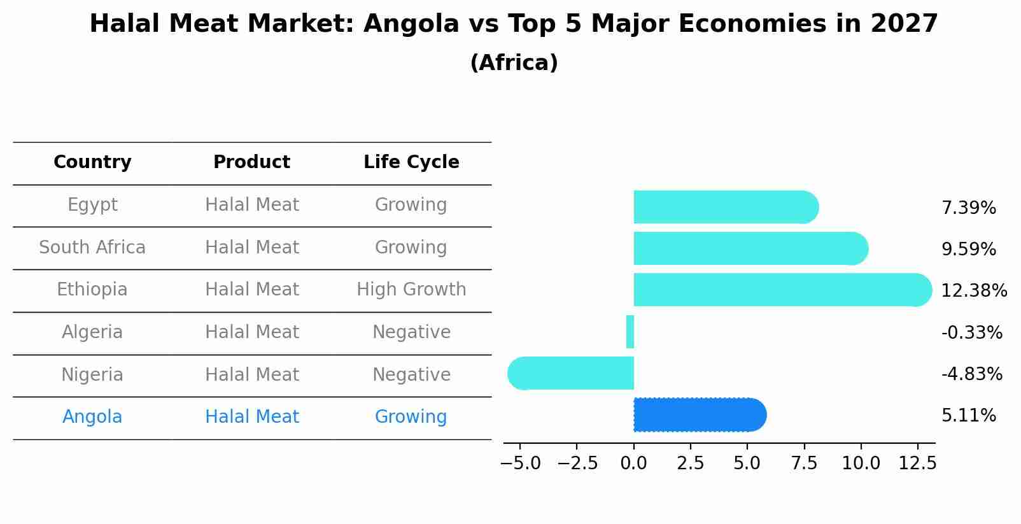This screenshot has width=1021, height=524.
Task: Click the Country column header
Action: [92, 162]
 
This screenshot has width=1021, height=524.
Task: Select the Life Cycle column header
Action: [411, 162]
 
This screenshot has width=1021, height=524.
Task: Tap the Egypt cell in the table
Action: [92, 205]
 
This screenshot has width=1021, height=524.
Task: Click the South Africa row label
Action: [92, 247]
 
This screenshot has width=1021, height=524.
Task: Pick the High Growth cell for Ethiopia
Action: [411, 290]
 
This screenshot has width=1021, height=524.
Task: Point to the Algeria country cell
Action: [92, 332]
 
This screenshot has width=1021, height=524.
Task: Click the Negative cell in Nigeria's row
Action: [411, 374]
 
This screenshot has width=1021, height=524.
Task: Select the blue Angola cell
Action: [92, 417]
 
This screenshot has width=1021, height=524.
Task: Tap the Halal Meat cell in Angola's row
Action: [251, 417]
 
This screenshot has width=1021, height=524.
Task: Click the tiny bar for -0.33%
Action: [630, 332]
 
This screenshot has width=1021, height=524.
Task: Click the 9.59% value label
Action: [968, 250]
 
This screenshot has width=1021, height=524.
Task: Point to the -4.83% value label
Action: [971, 374]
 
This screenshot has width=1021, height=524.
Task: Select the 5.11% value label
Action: [968, 416]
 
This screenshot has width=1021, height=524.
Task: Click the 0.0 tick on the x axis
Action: [634, 464]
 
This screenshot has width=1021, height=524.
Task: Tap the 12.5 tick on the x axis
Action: [917, 464]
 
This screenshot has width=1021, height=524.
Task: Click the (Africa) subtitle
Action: [514, 63]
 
